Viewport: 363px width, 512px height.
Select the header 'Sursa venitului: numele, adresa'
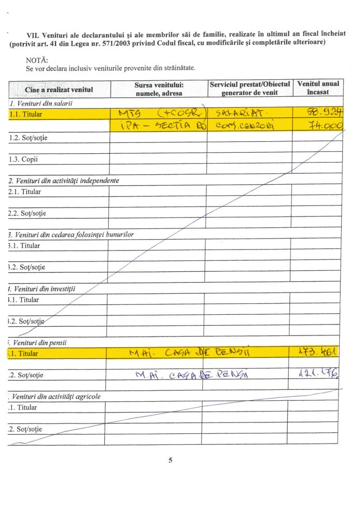pos(159,89)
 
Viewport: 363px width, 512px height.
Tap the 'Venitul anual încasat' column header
pos(318,88)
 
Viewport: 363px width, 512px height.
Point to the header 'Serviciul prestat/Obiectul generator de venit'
pos(249,88)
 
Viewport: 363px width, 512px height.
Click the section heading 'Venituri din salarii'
pos(41,104)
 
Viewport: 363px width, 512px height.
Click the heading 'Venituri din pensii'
pos(39,342)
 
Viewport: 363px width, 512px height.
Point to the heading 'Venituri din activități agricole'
pos(58,397)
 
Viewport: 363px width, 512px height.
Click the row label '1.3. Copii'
pos(23,159)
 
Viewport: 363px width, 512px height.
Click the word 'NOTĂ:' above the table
pos(36,60)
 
